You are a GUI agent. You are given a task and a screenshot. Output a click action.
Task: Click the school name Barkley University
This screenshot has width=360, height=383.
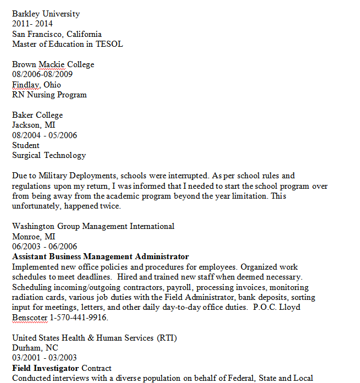click(46, 14)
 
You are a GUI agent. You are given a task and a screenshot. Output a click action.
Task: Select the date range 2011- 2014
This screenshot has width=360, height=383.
click(32, 24)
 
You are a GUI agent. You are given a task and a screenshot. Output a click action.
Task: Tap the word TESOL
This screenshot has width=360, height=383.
click(109, 44)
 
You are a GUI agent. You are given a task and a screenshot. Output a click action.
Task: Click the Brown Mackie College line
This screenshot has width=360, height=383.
click(53, 64)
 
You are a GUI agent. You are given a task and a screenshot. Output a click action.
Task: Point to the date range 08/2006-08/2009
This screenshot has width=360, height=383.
click(42, 74)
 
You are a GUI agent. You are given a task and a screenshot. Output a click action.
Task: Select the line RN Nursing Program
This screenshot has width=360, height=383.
click(49, 95)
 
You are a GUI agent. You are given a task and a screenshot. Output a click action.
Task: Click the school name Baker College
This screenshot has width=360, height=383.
click(37, 115)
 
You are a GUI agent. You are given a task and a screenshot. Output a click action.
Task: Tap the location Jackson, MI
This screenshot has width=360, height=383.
click(34, 125)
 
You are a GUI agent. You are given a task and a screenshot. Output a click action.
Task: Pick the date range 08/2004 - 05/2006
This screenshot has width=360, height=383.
click(45, 135)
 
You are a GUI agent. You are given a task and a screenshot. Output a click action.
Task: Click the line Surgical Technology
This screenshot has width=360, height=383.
click(49, 155)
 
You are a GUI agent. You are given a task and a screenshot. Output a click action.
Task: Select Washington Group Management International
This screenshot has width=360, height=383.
click(93, 226)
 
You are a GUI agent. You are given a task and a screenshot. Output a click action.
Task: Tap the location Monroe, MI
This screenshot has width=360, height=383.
click(34, 236)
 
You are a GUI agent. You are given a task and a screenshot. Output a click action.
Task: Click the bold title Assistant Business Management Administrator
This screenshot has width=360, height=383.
click(100, 256)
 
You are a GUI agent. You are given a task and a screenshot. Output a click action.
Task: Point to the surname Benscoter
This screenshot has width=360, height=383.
click(30, 318)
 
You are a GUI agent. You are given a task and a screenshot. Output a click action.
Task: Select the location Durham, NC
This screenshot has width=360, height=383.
click(35, 348)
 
